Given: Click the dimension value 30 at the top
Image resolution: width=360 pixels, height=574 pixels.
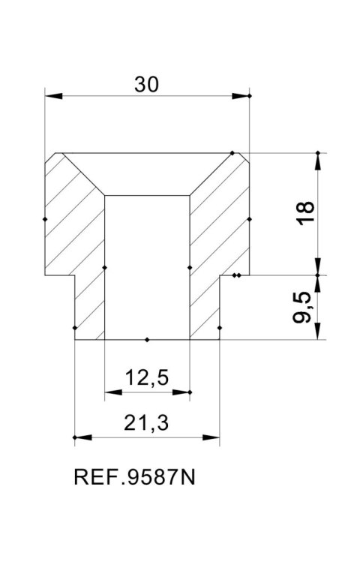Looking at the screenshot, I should (x=147, y=85).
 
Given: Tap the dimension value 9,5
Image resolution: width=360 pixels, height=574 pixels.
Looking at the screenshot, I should (x=304, y=308).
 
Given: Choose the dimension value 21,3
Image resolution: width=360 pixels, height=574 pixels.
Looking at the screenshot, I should (x=147, y=424).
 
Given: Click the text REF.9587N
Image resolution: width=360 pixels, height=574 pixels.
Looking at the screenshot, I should (x=135, y=478).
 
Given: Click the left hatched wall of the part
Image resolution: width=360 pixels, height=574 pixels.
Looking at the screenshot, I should (x=75, y=240).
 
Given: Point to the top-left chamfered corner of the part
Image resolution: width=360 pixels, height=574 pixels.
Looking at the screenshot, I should (x=54, y=161).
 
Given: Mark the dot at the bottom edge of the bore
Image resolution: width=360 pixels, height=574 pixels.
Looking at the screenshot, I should (x=147, y=340).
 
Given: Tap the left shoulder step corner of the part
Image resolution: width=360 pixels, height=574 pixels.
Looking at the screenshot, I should (x=74, y=275).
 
